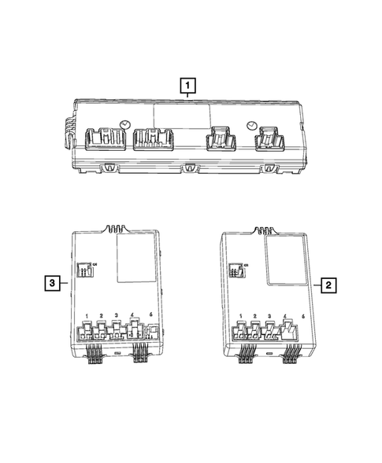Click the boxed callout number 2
coord(328,286)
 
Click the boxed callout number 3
coord(50,281)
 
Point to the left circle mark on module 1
coord(125,123)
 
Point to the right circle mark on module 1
coord(250,125)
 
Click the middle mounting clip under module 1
coord(189,167)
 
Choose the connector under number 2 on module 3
coord(102,330)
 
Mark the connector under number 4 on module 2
coord(285,331)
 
